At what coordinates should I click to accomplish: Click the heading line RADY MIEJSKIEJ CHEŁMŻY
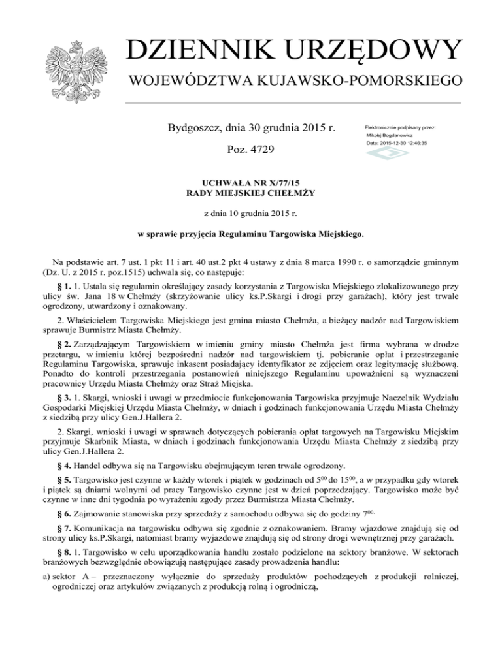point(251,194)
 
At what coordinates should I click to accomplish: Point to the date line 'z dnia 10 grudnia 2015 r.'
point(251,214)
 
